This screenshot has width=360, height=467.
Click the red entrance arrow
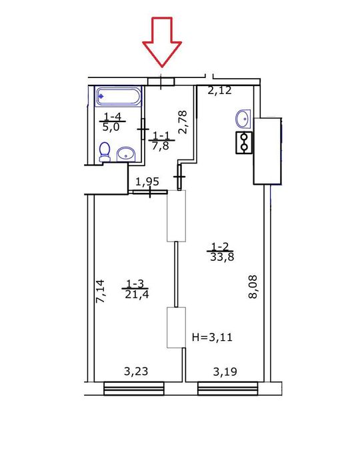162,41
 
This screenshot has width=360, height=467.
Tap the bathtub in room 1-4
119,96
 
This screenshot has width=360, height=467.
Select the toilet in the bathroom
104,152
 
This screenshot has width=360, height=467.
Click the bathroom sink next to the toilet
126,154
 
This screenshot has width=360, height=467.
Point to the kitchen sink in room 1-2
243,119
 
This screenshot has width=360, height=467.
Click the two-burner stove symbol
244,142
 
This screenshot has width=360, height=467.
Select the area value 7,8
161,146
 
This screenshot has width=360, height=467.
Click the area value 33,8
222,257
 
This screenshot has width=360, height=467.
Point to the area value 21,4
137,294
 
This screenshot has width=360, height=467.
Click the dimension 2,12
219,90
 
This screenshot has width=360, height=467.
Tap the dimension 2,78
183,122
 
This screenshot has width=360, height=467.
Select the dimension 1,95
147,181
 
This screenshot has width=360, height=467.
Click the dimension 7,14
100,292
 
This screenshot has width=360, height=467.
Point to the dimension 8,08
253,287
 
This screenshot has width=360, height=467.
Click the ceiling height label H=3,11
212,337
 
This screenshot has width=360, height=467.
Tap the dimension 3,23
136,372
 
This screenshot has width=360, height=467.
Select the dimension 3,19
225,372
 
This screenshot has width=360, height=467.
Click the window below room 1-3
134,388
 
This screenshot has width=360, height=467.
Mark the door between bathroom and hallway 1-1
143,129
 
